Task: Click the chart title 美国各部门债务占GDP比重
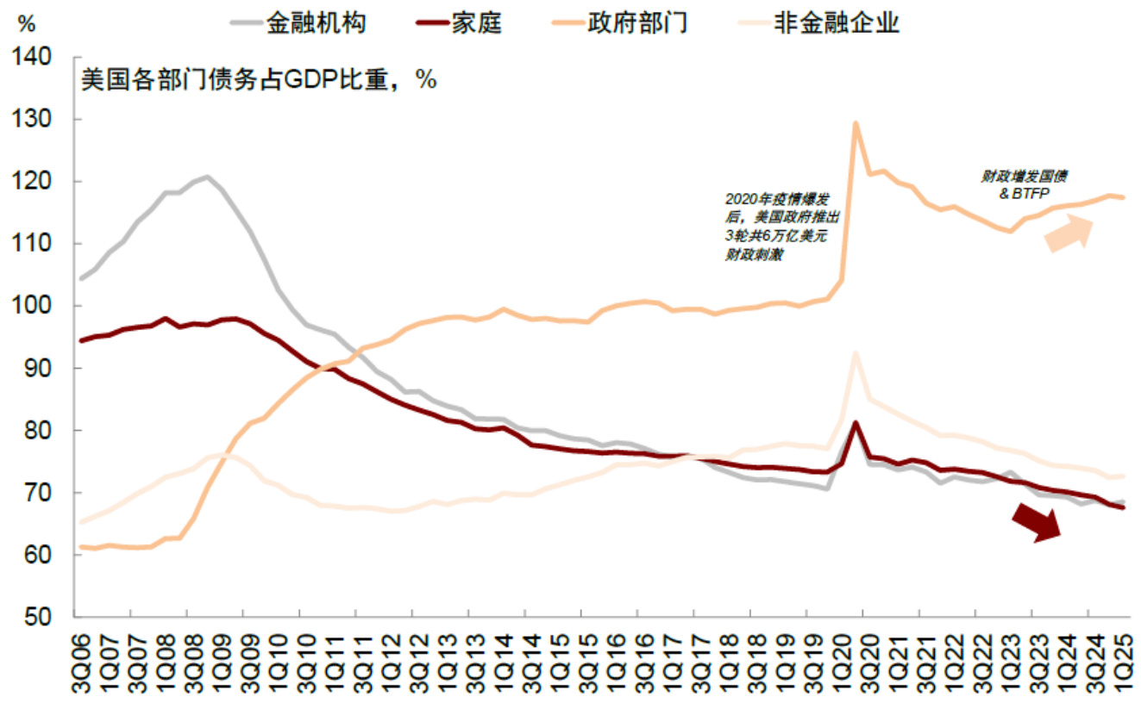[x=259, y=80]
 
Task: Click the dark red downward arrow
[x=1036, y=522]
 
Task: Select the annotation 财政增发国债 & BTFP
[x=1024, y=183]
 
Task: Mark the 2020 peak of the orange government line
[x=855, y=122]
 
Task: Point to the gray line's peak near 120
[x=207, y=177]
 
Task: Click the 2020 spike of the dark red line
[x=855, y=422]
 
